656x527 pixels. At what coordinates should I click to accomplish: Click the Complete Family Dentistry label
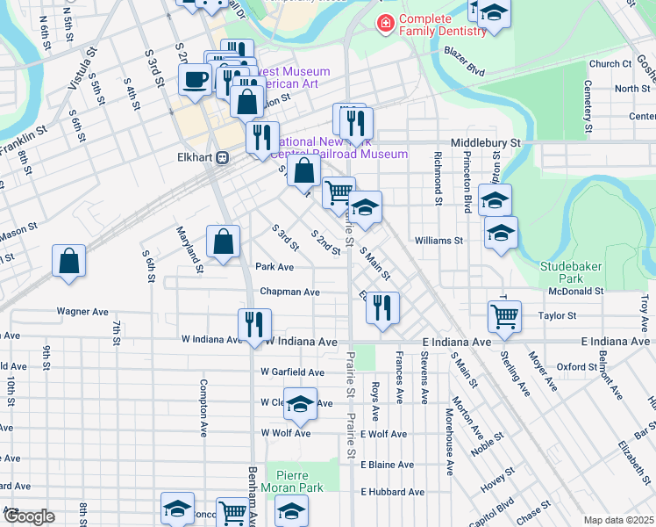(x=442, y=25)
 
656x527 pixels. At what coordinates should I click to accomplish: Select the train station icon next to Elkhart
(x=223, y=158)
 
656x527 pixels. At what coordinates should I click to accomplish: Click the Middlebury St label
(x=485, y=141)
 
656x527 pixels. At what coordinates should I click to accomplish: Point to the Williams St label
(x=439, y=240)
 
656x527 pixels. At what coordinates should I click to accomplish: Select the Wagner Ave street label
(x=82, y=311)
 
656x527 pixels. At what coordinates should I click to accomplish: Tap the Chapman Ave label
(x=289, y=292)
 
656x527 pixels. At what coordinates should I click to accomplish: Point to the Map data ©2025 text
(x=618, y=520)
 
